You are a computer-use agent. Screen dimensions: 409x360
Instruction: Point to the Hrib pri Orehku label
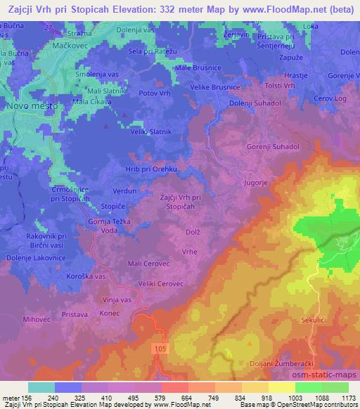pos(151,169)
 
